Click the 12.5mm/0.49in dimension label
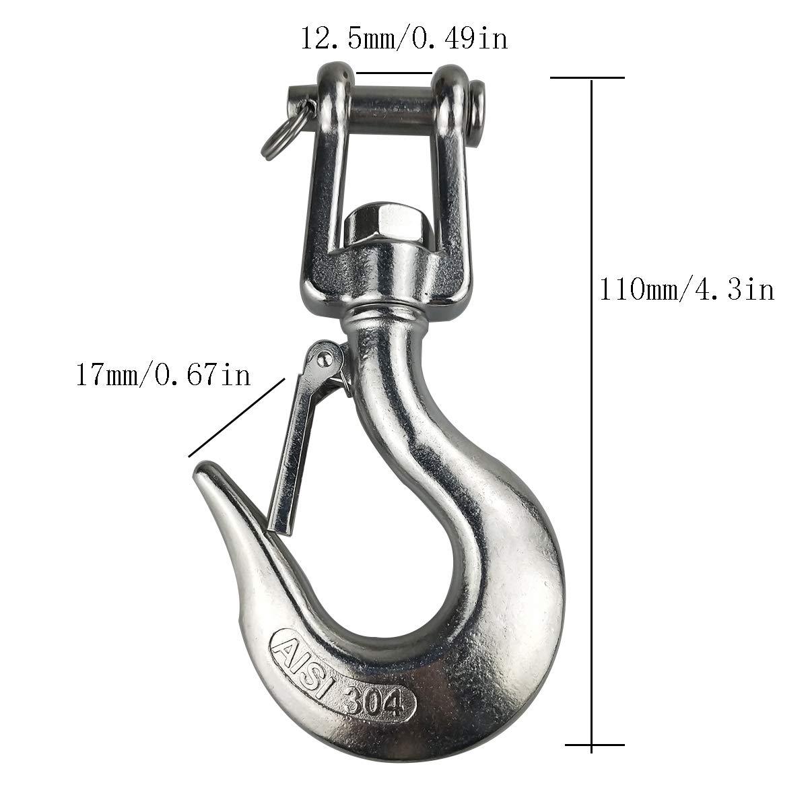click(x=403, y=39)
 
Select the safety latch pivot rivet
click(x=324, y=355)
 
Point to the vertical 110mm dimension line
click(x=592, y=404)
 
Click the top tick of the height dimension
click(x=587, y=78)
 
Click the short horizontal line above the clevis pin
click(x=394, y=72)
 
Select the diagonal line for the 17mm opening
click(x=236, y=417)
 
